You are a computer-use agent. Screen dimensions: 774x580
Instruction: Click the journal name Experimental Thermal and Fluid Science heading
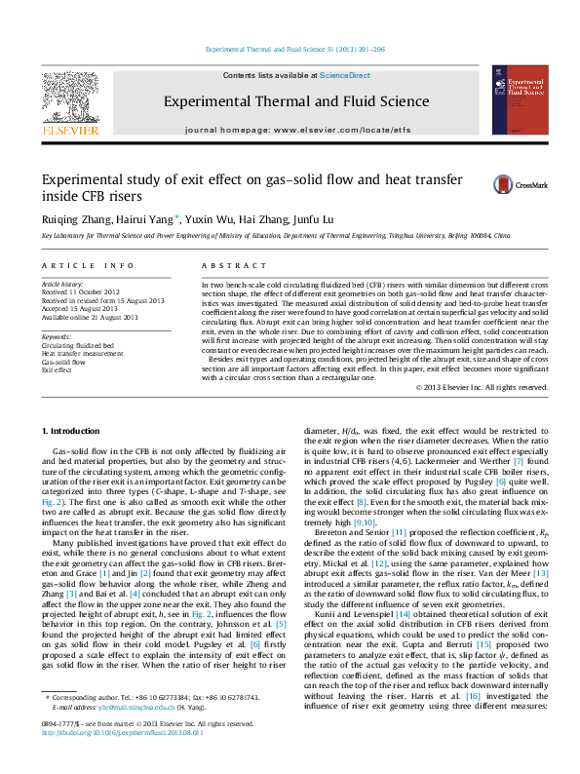tap(295, 101)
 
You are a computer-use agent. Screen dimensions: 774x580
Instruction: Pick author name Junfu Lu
tap(310, 219)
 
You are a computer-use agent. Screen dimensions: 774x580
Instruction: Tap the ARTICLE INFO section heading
tap(88, 265)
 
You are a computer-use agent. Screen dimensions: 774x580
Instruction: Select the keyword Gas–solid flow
tap(64, 361)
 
